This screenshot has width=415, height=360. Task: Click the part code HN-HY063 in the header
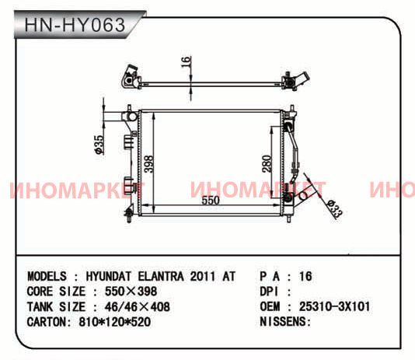pos(75,25)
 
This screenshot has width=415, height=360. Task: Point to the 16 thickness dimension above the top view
pos(187,62)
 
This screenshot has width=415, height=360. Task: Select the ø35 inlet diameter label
pos(99,145)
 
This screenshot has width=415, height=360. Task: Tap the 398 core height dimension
pos(148,164)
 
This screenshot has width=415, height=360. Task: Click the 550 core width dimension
pos(211,201)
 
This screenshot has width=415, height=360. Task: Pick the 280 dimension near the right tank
pos(267,164)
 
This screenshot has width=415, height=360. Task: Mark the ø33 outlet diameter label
pos(335,209)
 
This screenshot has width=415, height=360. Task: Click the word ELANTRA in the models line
pos(161,277)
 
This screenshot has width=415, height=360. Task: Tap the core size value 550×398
pos(131,292)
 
